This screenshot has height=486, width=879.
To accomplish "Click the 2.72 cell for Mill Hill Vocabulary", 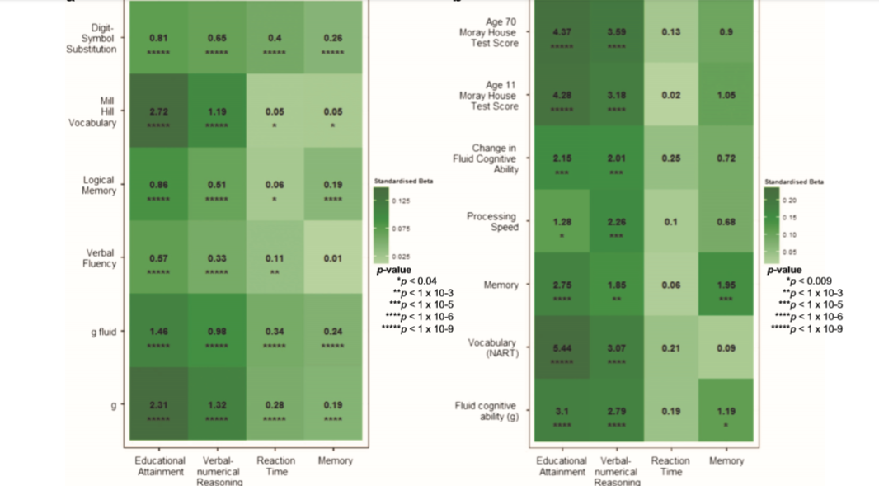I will pos(158,111).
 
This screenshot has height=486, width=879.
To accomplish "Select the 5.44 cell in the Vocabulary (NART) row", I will pos(562,348).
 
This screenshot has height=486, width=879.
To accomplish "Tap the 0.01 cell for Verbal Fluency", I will pos(332,258).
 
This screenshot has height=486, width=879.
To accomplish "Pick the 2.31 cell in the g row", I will pos(158,405).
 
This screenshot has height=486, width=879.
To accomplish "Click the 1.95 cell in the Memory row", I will pos(726,285).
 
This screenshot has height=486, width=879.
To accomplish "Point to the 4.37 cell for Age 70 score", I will pos(562,32).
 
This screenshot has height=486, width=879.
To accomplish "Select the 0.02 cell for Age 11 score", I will pos(670,96).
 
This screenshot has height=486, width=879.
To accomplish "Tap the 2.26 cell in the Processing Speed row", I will pos(616,221).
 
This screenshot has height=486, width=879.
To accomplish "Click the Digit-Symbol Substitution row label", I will pos(92,39).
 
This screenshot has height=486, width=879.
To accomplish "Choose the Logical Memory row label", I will pos(99,185).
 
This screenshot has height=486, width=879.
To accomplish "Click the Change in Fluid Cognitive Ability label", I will pos(496,158).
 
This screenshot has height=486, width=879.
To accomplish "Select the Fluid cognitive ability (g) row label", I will pos(486,411).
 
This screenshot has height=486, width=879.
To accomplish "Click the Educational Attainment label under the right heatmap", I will pos(562,466).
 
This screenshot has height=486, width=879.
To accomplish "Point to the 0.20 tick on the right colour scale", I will pos(789,201).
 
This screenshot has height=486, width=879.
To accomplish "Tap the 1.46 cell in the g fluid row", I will pos(158,332).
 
